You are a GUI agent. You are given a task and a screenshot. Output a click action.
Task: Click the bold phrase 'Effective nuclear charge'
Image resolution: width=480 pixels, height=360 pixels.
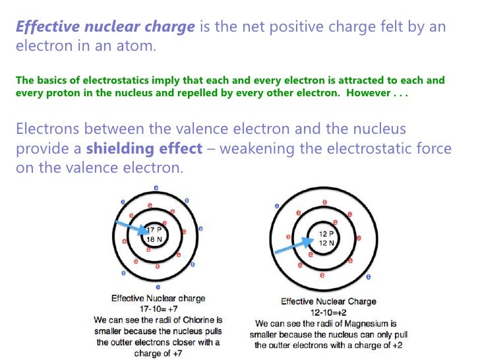(104, 28)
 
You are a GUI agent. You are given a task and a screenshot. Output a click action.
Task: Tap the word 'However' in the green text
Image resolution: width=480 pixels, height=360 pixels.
(370, 92)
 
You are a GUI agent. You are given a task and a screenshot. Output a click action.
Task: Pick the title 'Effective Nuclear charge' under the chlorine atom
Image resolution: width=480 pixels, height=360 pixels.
(158, 299)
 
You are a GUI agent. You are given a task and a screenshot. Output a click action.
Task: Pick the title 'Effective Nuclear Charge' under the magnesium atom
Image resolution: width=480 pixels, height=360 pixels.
(328, 302)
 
